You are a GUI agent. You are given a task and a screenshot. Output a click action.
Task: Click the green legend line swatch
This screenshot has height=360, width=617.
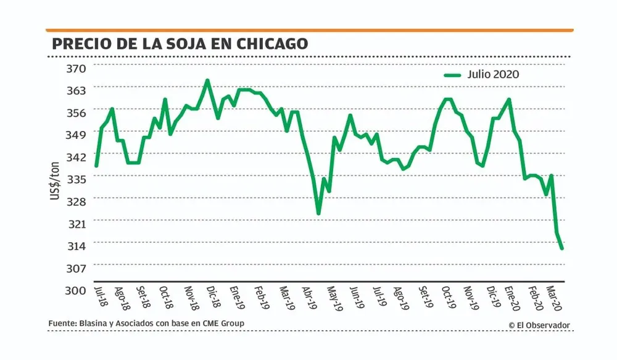pyautogui.click(x=453, y=75)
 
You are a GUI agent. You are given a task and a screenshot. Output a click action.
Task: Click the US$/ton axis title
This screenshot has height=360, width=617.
pyautogui.click(x=55, y=179)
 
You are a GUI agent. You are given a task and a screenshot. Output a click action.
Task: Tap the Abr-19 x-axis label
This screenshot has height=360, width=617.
pyautogui.click(x=308, y=297)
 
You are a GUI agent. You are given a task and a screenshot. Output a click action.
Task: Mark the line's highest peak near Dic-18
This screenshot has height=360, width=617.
pyautogui.click(x=207, y=80)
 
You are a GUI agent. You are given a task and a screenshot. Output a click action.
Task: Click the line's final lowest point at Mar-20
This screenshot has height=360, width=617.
pyautogui.click(x=562, y=248)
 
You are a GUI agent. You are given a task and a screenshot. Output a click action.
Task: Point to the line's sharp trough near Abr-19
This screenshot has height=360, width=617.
pyautogui.click(x=318, y=214)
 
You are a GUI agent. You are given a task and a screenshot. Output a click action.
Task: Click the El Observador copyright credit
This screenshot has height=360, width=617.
pyautogui.click(x=539, y=325)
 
